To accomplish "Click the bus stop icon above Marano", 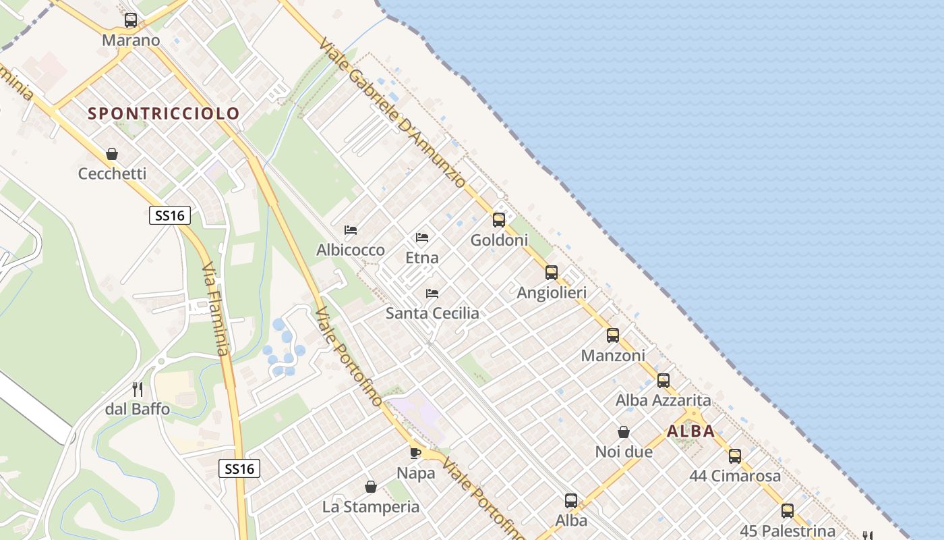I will (x=131, y=20).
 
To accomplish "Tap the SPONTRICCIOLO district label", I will (x=164, y=113).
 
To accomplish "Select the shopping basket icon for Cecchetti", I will (x=112, y=154).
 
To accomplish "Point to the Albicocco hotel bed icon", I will (x=351, y=230).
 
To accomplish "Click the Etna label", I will (x=422, y=257).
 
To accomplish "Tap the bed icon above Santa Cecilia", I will (x=432, y=293).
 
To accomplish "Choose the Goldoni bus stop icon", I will (x=499, y=219).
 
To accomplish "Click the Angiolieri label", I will (x=552, y=293).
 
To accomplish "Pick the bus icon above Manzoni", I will (x=612, y=335).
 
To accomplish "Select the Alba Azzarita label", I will (x=663, y=400).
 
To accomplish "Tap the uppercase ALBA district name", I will (x=691, y=431).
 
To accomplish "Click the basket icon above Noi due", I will (x=624, y=432).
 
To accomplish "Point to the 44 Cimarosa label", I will (x=735, y=476).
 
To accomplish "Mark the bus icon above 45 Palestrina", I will (x=788, y=511).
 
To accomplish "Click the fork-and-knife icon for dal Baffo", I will (x=138, y=389).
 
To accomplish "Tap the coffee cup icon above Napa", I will (x=415, y=453).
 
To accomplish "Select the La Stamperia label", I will (x=371, y=506).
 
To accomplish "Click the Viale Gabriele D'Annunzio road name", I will (x=393, y=112).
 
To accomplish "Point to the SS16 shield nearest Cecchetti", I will (x=170, y=215).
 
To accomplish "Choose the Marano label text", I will (x=131, y=40).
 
